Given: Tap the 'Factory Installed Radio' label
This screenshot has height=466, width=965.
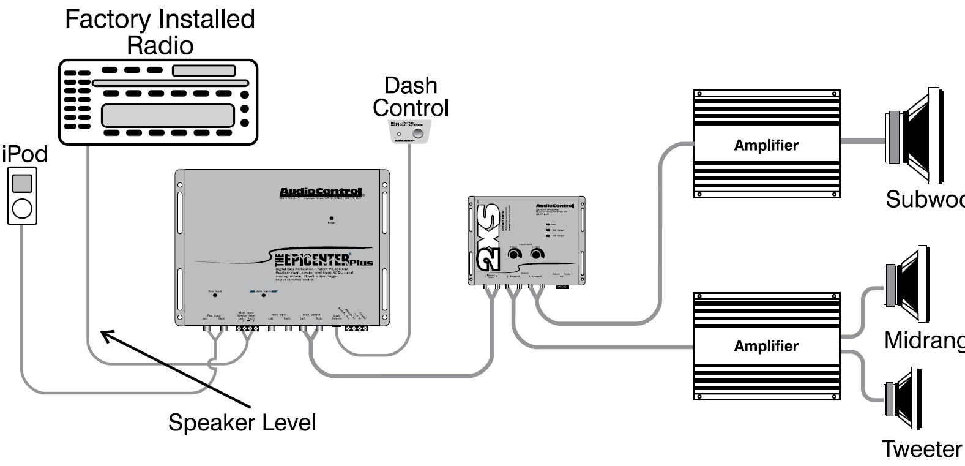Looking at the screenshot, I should point(160,32).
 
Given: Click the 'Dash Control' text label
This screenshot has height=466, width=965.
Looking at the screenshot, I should point(411,97).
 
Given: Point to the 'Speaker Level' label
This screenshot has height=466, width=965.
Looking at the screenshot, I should point(242,423).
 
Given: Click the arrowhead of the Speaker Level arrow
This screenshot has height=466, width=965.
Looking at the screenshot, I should point(105,334).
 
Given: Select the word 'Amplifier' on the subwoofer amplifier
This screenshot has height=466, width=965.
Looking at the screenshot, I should point(766,146).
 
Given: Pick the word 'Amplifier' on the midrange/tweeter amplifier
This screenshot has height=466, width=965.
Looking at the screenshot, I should point(766,346).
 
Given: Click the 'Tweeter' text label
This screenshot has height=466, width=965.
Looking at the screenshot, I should point(921,449).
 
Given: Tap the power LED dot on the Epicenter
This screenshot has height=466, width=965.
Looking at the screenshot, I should point(332,218).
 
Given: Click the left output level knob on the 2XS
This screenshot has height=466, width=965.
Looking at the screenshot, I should point(514,254).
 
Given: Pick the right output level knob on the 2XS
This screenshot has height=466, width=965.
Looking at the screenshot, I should point(537,254).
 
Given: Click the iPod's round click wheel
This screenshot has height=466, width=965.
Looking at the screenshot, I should point(22,209).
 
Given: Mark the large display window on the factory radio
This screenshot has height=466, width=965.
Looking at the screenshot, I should point(168,115).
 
